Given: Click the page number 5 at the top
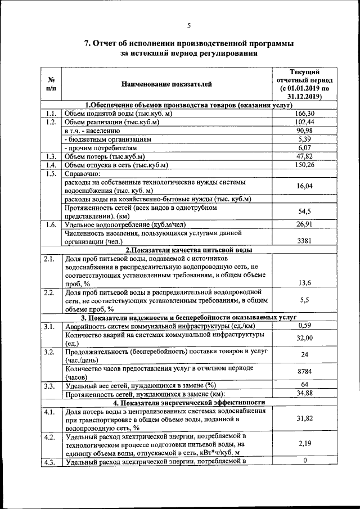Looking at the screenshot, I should click(189, 25).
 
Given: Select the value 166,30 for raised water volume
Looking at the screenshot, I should click(304, 114).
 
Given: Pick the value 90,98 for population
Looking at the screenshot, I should click(304, 130).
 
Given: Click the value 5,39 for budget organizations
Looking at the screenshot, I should click(304, 139).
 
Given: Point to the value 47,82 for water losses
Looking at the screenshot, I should click(304, 156).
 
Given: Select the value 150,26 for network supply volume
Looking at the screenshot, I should click(304, 165).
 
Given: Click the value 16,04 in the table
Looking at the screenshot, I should click(304, 186).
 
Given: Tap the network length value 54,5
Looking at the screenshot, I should click(304, 211).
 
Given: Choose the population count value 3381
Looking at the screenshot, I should click(304, 241).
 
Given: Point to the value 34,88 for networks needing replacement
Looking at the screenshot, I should click(304, 393).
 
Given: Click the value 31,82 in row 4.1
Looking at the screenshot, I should click(304, 419).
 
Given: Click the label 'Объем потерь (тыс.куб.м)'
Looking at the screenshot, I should click(105, 156).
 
